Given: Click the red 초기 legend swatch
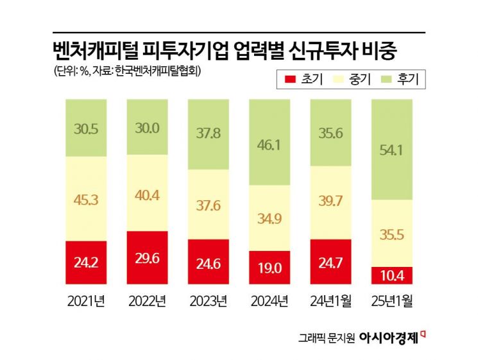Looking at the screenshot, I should click(290, 80).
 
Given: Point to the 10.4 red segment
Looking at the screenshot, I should click(391, 275).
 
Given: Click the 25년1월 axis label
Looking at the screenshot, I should click(391, 300).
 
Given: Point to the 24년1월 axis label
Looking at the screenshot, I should click(330, 300).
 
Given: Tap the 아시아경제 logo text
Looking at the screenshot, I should click(388, 337).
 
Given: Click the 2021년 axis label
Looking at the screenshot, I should click(86, 300).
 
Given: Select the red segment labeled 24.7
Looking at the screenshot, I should click(330, 261).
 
